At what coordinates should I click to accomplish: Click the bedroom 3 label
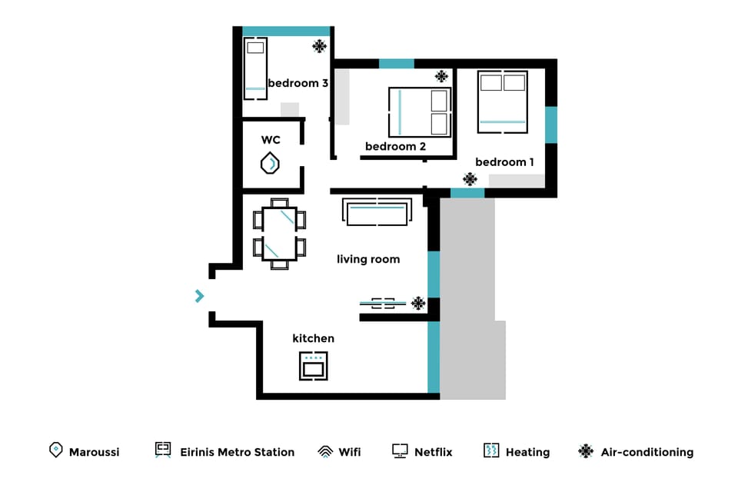(298, 83)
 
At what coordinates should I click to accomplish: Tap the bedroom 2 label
(395, 146)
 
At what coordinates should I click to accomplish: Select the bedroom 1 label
(504, 162)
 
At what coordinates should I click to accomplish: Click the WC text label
(271, 140)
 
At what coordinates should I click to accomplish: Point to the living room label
(368, 260)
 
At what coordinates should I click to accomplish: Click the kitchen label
(313, 338)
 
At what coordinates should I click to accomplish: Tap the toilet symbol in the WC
(270, 164)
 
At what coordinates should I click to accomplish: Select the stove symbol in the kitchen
(313, 366)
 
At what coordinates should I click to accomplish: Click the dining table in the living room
(279, 234)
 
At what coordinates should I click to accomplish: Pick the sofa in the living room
(377, 212)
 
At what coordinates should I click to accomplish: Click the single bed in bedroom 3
(255, 69)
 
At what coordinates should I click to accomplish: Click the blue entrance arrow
(200, 296)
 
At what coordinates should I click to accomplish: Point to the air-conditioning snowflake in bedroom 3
(319, 46)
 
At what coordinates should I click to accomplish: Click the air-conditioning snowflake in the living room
(418, 303)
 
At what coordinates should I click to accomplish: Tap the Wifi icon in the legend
(325, 452)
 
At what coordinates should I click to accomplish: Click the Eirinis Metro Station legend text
(237, 452)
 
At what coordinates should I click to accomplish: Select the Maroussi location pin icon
(55, 450)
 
